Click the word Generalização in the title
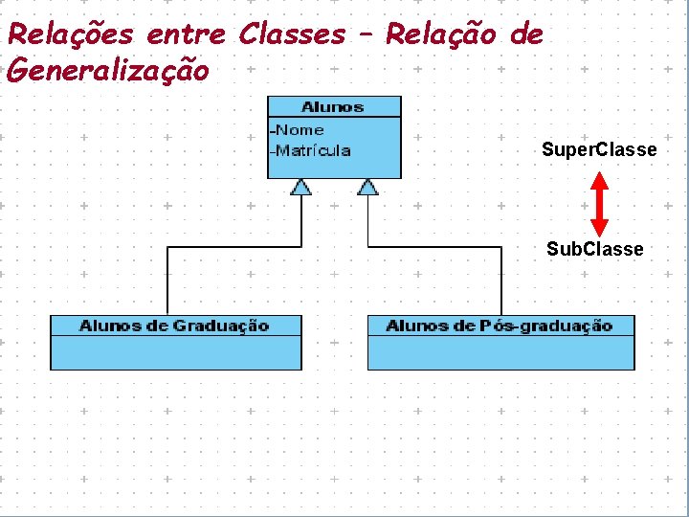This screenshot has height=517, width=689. (107, 70)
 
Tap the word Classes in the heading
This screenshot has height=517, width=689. (292, 34)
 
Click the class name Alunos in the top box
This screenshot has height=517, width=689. (332, 106)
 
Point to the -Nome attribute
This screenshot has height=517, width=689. (298, 129)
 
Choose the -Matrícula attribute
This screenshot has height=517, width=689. (311, 150)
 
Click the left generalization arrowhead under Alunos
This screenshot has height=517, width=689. (301, 187)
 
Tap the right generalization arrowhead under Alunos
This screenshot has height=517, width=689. (367, 187)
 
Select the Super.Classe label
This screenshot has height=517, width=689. (599, 149)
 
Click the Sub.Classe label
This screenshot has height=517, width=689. (595, 249)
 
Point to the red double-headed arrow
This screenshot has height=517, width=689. (599, 203)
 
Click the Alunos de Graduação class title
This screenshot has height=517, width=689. (174, 326)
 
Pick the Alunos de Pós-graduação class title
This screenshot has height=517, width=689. (499, 326)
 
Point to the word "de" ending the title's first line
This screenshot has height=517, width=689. (527, 35)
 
